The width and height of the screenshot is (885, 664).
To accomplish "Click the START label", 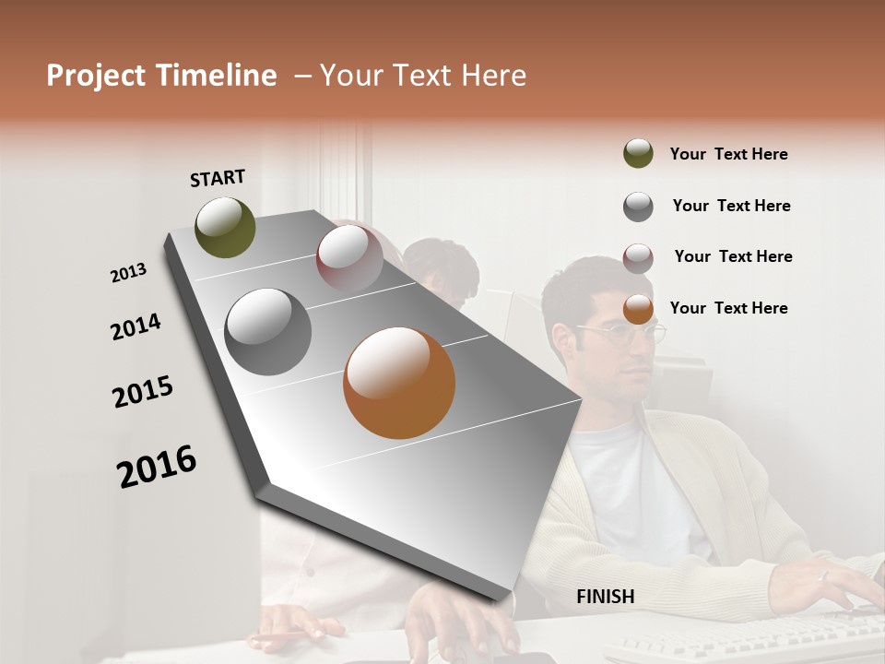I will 218,178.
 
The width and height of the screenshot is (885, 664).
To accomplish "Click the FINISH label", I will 605,597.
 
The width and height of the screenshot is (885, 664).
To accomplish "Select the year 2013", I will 128,273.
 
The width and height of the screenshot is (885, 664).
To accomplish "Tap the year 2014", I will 136,327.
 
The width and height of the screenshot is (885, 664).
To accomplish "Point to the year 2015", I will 143,392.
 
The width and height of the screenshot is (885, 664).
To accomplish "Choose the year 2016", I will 157,467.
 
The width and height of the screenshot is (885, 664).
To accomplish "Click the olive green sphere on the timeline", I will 226,227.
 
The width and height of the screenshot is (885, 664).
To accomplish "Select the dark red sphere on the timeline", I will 349,257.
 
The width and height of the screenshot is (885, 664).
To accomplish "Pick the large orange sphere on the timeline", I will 399,383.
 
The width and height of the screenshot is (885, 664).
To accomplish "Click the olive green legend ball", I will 638,154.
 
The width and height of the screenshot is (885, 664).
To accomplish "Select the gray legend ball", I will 638,207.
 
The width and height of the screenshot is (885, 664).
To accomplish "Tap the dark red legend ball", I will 638,257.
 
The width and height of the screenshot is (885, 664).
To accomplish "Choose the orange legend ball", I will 638,309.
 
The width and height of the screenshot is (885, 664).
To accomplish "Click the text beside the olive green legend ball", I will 728,154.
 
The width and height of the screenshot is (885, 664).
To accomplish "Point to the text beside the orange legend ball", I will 728,308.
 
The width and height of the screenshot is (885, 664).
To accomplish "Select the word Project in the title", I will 95,76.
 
